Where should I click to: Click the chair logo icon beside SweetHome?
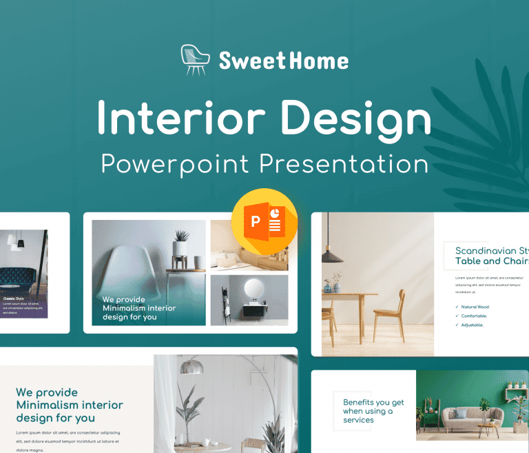[194, 60]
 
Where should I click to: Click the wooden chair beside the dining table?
[389, 314]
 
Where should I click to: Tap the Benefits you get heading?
[373, 411]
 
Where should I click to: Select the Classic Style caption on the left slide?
[13, 299]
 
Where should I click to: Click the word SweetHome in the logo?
[284, 61]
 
